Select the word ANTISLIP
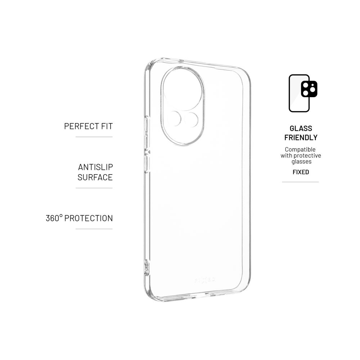click(95, 167)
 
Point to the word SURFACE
click(95, 177)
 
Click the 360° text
click(54, 218)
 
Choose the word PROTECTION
click(89, 218)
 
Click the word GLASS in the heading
click(301, 129)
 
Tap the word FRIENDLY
click(301, 138)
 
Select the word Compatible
click(300, 149)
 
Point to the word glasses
click(301, 162)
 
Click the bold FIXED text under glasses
click(301, 172)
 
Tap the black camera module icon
click(309, 89)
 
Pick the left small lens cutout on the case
click(175, 119)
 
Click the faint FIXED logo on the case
click(205, 280)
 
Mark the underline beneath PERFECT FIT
click(94, 137)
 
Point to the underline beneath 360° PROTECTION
click(94, 229)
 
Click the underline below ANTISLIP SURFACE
click(94, 188)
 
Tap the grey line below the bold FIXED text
click(301, 182)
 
